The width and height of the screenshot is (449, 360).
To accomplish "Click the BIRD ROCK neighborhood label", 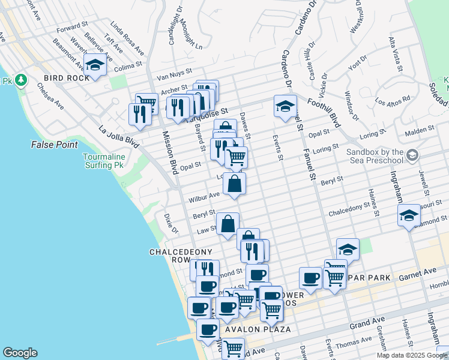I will [62, 79].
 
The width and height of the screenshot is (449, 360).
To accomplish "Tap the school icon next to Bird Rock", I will [95, 65].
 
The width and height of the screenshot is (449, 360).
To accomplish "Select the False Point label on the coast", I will [53, 145].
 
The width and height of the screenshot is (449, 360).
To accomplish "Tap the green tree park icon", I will [21, 80].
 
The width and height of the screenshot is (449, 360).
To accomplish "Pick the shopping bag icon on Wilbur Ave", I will [234, 185].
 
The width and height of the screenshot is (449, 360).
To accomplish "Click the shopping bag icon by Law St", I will [228, 224].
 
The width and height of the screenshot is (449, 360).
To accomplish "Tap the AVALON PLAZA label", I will [258, 329].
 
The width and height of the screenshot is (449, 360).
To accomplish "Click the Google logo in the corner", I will [20, 353].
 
